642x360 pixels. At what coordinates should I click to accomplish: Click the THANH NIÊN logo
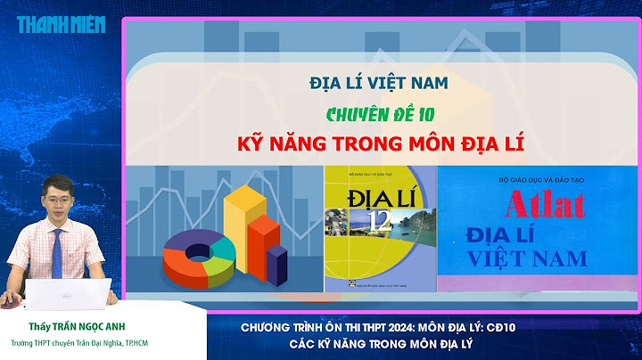click(60, 24)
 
